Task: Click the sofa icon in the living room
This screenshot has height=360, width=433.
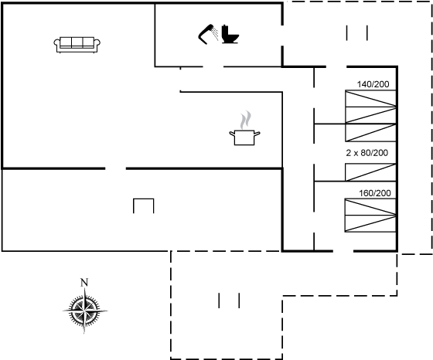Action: [x=77, y=45]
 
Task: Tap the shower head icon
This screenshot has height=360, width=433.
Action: [x=208, y=34]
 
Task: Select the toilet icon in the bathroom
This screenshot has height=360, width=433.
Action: [x=230, y=34]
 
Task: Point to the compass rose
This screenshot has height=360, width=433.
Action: [x=85, y=311]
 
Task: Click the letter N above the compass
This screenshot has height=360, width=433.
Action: [x=84, y=283]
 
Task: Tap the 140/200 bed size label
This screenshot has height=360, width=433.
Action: [x=373, y=84]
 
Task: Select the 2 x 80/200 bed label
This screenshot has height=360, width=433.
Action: [x=367, y=152]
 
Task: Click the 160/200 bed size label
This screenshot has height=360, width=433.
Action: [x=375, y=193]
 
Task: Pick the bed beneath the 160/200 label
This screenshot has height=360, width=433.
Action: [x=370, y=216]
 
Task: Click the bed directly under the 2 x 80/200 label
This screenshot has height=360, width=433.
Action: [x=370, y=172]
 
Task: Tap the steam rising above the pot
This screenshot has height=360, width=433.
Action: [x=246, y=120]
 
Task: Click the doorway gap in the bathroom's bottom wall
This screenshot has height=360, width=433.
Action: [x=213, y=66]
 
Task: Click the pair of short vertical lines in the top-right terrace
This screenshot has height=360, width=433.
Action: [x=356, y=33]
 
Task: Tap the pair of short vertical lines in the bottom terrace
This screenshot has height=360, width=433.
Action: [x=229, y=301]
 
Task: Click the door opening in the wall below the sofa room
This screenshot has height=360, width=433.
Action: [x=115, y=168]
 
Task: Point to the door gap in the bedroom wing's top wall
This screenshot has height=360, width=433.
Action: [x=336, y=66]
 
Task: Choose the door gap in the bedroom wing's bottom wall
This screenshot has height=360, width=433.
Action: [x=343, y=251]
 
